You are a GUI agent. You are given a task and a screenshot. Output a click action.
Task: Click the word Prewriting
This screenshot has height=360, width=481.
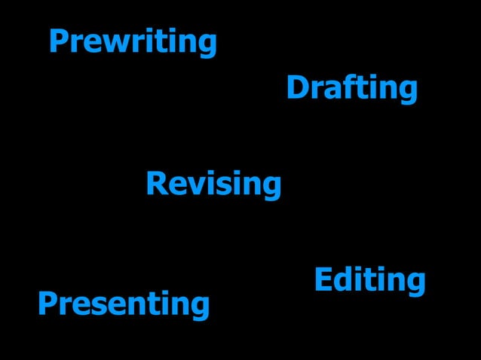[133, 42]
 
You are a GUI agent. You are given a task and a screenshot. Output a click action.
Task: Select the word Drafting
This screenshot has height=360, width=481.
[351, 88]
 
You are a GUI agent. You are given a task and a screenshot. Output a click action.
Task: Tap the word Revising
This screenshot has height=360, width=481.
[213, 184]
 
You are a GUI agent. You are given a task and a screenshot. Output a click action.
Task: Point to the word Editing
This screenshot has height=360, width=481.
[369, 280]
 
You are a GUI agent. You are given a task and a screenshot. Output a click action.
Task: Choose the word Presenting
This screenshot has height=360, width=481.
[123, 304]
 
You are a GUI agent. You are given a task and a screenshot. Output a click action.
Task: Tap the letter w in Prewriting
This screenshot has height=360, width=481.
[114, 43]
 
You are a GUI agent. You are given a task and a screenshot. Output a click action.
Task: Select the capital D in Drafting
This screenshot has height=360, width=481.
[296, 88]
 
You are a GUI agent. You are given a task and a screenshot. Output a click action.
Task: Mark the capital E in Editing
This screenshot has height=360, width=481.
[323, 279]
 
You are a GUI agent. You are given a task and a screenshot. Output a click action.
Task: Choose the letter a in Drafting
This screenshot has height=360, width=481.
[329, 90]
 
